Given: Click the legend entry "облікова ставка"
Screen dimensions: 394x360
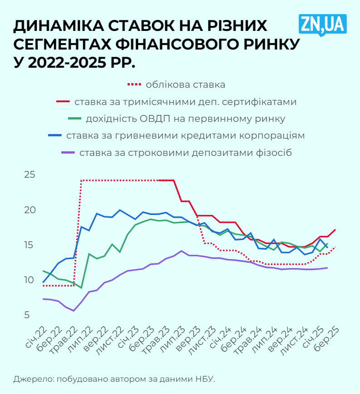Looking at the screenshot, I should (185, 85).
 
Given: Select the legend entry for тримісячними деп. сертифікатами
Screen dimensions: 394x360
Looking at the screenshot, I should (185, 102).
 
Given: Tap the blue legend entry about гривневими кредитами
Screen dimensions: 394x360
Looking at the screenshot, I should (185, 135).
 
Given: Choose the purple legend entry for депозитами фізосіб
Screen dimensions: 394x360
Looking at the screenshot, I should (185, 152).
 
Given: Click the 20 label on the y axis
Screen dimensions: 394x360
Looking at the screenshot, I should (30, 210).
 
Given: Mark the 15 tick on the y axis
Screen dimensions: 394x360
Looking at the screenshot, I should (30, 245).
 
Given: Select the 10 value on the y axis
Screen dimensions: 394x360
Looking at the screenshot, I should (30, 280).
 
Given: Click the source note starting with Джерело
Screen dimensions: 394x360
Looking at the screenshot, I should (114, 378).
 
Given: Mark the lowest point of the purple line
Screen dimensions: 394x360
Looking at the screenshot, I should (74, 310).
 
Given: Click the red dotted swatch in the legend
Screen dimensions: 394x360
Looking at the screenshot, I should (134, 85).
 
